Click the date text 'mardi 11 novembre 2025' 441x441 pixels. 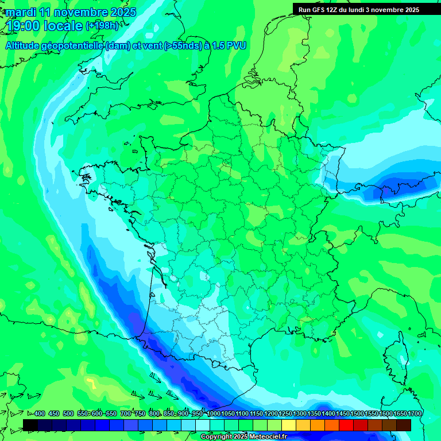click(x=71, y=12)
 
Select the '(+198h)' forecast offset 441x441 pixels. click(x=102, y=26)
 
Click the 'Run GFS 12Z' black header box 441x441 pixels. click(x=359, y=9)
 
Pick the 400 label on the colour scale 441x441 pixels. click(x=39, y=414)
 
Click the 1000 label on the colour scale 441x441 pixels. click(x=214, y=414)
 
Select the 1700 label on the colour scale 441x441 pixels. click(x=415, y=414)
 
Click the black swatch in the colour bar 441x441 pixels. click(x=30, y=425)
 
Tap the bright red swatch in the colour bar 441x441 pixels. click(x=346, y=425)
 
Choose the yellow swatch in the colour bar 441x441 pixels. click(x=289, y=425)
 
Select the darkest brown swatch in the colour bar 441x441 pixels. click(x=404, y=425)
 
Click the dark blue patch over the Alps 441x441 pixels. click(x=402, y=185)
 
